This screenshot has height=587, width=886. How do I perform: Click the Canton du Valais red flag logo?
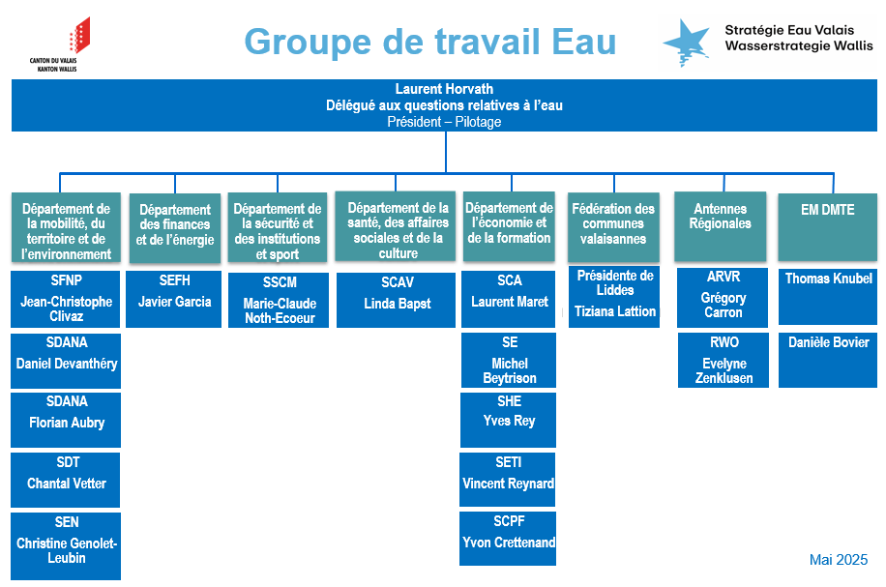click(x=79, y=35)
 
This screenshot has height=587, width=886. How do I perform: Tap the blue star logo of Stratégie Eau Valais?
click(x=687, y=43)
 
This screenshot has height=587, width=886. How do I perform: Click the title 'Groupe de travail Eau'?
click(x=430, y=42)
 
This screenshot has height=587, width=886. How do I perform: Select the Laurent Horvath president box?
click(x=444, y=105)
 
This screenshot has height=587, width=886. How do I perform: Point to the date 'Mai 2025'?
click(x=839, y=559)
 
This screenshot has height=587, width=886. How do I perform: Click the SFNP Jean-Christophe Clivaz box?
click(x=66, y=299)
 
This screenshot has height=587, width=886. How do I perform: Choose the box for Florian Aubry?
click(x=66, y=420)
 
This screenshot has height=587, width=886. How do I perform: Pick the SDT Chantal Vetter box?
click(x=66, y=480)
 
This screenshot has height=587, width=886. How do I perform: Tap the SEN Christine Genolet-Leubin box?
click(x=66, y=545)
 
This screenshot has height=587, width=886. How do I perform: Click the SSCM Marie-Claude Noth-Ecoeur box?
click(x=279, y=300)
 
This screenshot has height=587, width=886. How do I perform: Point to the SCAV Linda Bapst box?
click(x=397, y=300)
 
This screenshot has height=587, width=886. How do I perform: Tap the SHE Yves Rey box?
click(x=509, y=420)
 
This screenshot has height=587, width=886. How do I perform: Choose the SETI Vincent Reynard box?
click(x=508, y=480)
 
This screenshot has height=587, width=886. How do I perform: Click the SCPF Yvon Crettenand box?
click(x=508, y=539)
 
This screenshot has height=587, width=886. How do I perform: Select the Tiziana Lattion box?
click(x=614, y=297)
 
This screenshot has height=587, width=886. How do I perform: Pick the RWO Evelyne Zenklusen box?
click(x=724, y=360)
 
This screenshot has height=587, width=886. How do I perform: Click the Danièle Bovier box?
click(x=828, y=360)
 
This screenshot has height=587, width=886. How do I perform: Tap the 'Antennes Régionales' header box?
click(x=721, y=226)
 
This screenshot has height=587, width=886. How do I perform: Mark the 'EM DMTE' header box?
click(x=828, y=227)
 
